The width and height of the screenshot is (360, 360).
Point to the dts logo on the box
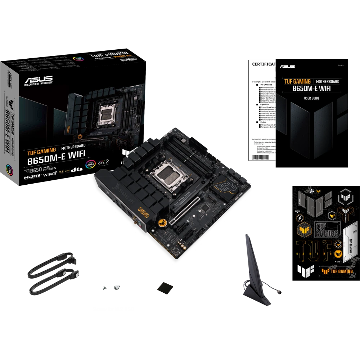click(75, 169)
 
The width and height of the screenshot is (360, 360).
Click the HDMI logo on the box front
click(33, 177)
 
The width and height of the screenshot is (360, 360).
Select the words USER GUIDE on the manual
click(311, 98)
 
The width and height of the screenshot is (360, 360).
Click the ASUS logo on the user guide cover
click(287, 66)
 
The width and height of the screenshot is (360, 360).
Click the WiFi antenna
click(251, 274)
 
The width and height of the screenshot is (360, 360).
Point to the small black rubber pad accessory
click(164, 289)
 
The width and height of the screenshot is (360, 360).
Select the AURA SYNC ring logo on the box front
click(90, 164)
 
